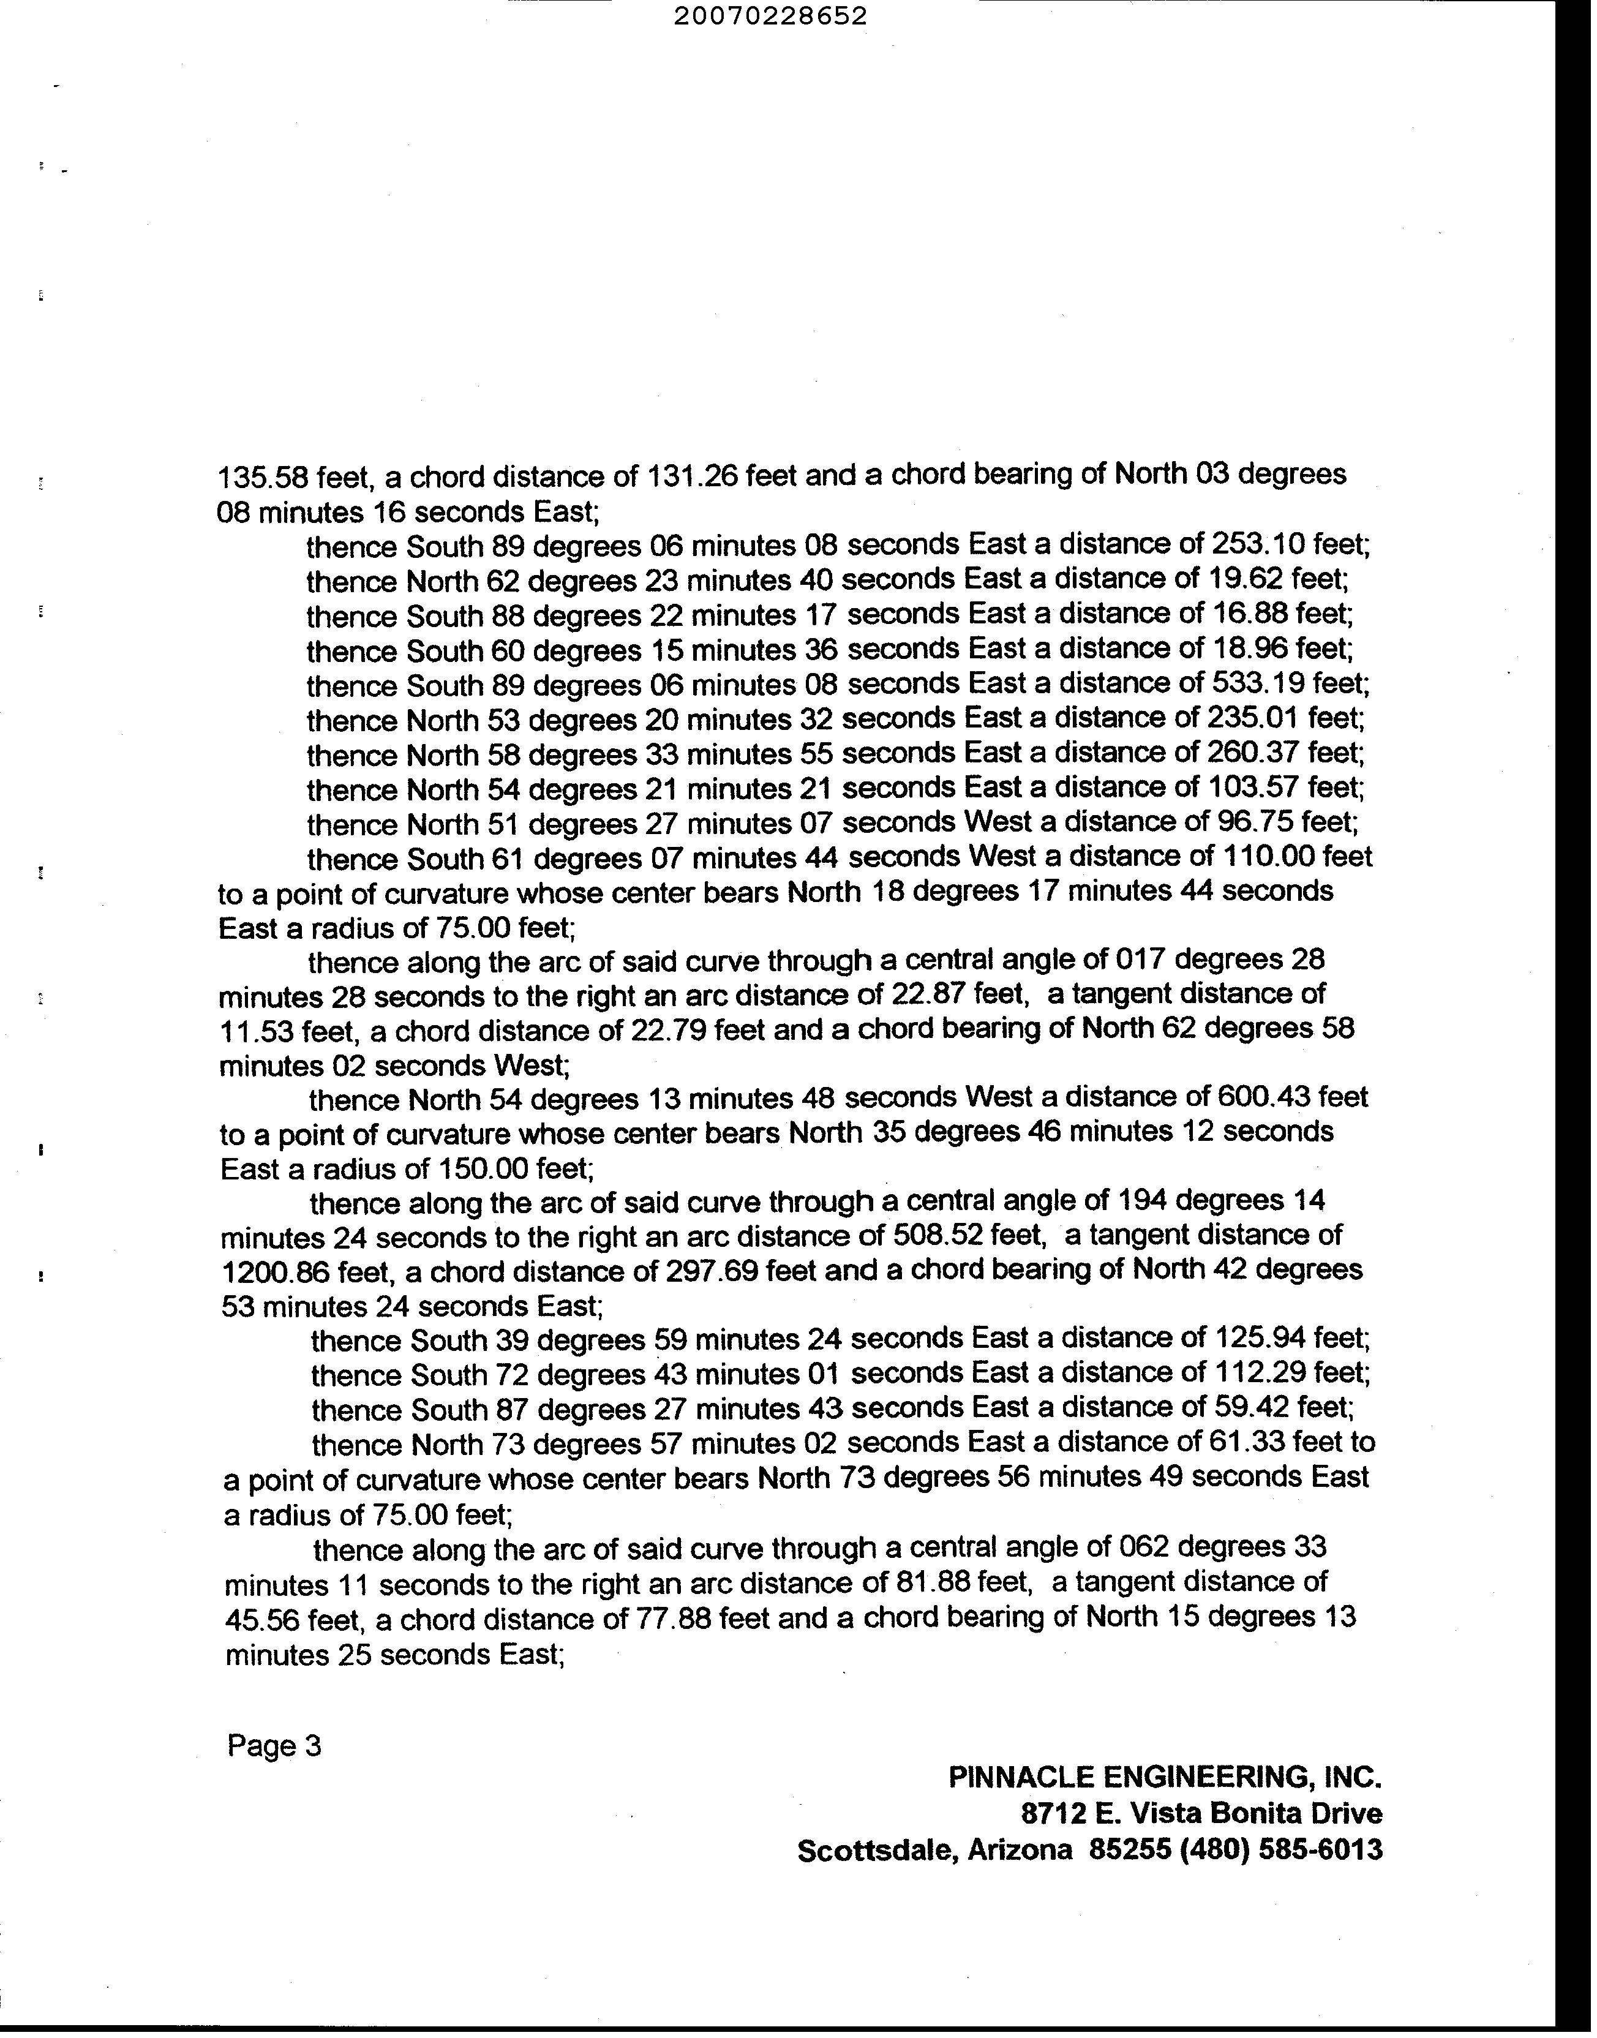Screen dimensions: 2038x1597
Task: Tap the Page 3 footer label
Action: pos(274,1745)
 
